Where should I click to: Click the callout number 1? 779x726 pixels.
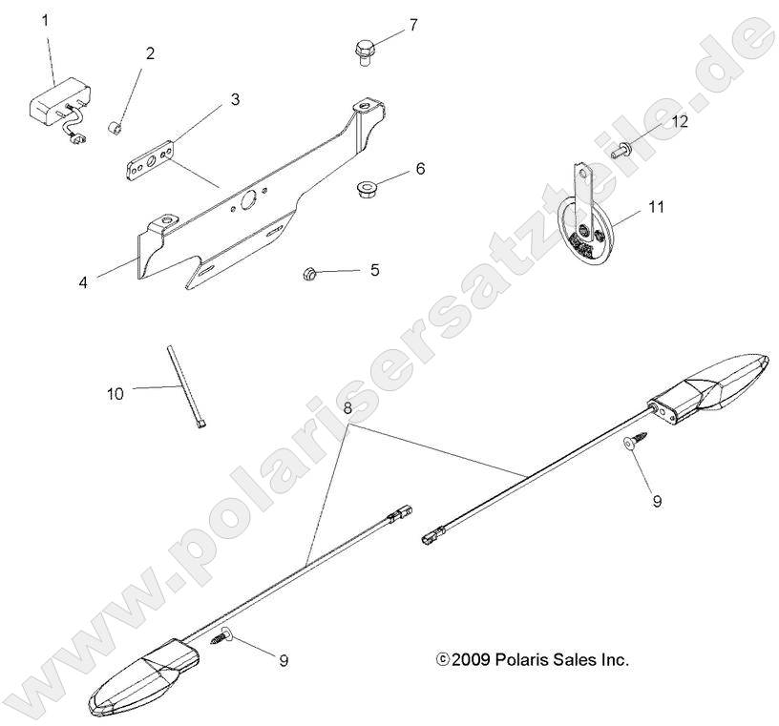click(46, 18)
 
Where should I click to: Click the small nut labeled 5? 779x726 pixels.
click(310, 274)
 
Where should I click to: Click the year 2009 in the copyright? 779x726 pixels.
click(471, 659)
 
